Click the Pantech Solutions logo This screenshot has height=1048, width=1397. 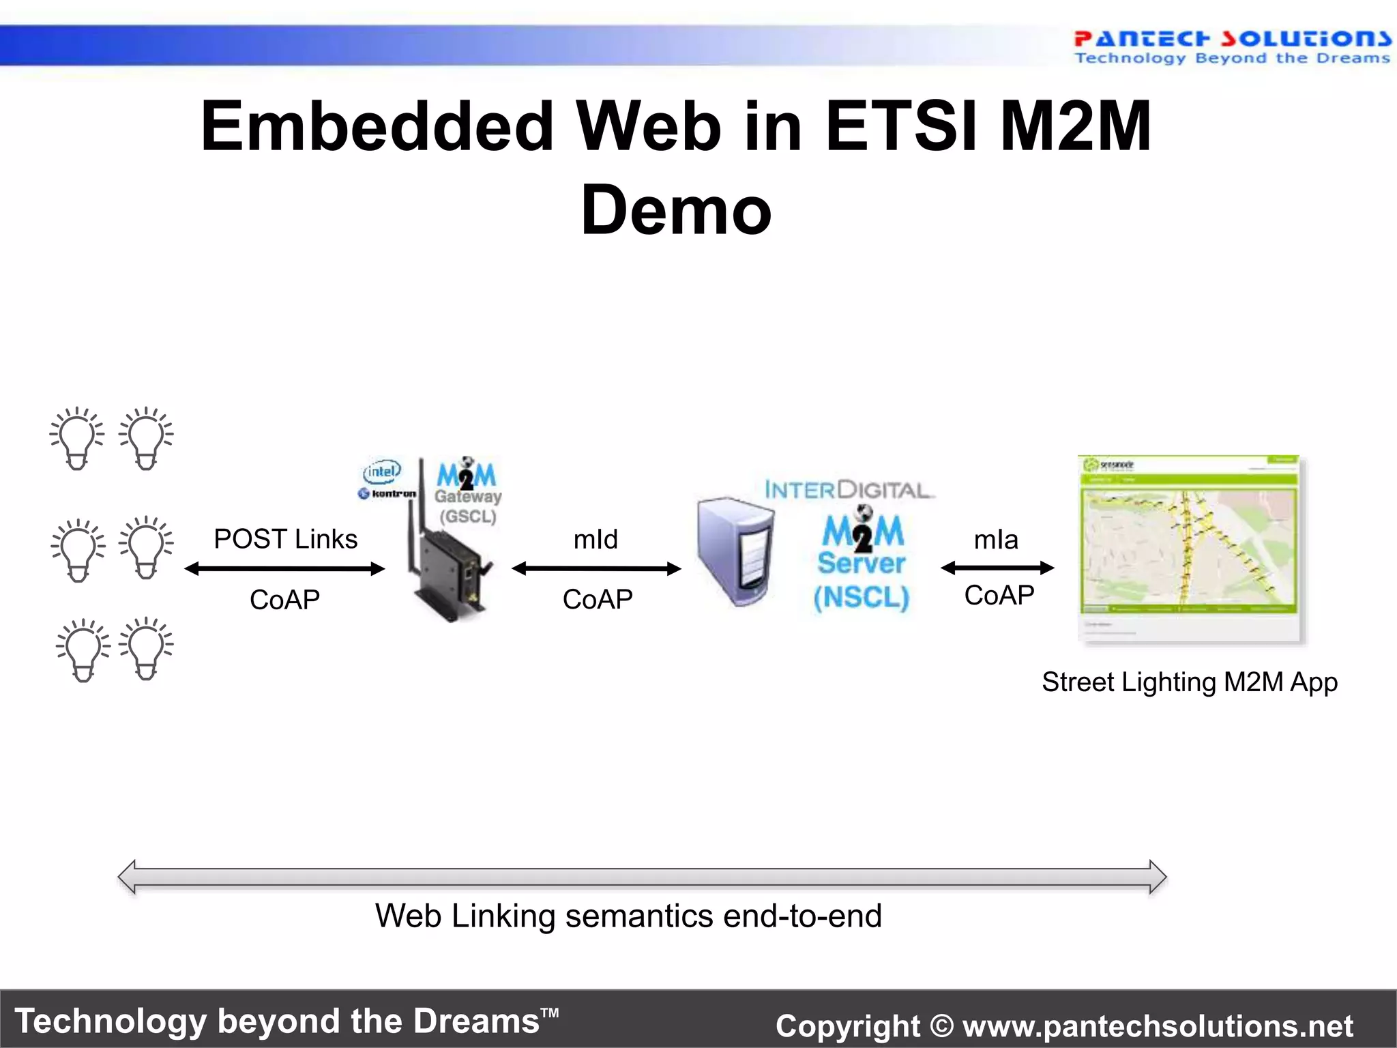point(1232,46)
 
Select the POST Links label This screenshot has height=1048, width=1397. point(285,539)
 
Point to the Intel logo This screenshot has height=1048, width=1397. point(382,471)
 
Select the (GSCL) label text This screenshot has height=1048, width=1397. point(468,516)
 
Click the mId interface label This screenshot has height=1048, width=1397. point(595,540)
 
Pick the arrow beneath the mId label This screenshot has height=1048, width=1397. point(596,568)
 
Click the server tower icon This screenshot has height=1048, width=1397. point(735,551)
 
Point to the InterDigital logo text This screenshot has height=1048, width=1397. point(847,489)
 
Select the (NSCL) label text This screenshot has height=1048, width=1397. point(861,598)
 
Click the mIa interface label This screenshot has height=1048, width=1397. point(996,540)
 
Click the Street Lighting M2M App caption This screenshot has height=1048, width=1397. point(1189,682)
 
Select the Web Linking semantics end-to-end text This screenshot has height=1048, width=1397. point(628,916)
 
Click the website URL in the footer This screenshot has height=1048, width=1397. point(1158,1025)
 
